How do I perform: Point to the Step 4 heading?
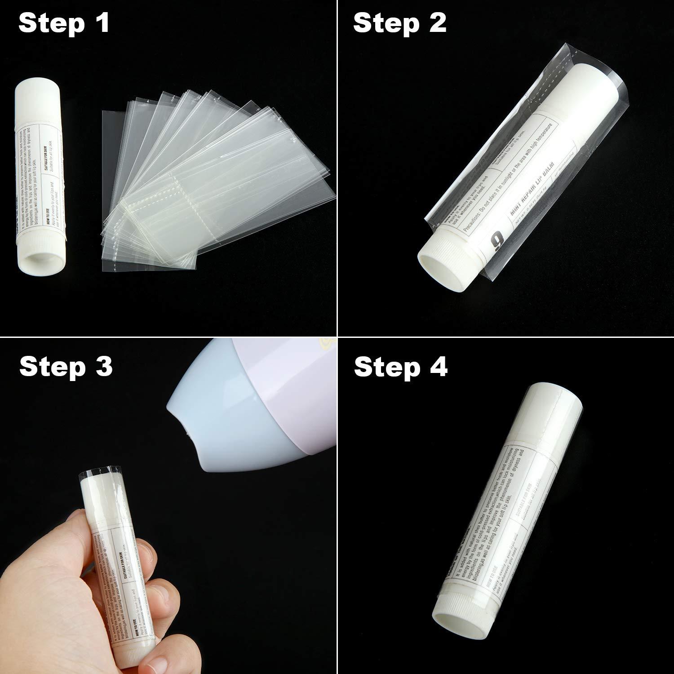[400, 367]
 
